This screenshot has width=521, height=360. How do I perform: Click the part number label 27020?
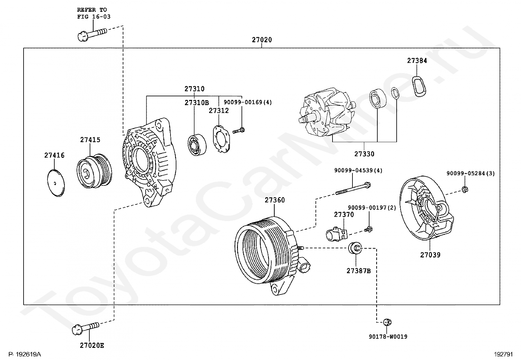tap(262, 40)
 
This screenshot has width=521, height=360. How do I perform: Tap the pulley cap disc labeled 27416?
tap(56, 183)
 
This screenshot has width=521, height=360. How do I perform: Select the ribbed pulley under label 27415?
tap(94, 171)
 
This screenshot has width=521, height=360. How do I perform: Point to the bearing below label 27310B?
tap(197, 144)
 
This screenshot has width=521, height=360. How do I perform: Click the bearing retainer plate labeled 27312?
tap(221, 139)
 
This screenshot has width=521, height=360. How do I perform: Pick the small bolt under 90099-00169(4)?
tap(238, 131)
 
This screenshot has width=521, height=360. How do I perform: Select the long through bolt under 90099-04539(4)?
tap(353, 189)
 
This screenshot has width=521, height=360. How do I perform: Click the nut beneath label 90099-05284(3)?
tap(464, 190)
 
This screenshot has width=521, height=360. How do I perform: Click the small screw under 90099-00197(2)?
tap(368, 229)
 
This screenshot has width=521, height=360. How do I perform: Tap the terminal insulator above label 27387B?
tap(355, 248)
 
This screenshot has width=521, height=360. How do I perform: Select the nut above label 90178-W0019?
tap(387, 322)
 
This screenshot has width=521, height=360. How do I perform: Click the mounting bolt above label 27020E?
tap(86, 329)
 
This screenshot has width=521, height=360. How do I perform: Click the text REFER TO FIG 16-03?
tap(94, 13)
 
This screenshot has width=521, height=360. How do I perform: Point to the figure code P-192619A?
tap(25, 354)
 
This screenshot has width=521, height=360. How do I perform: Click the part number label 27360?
tap(275, 200)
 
